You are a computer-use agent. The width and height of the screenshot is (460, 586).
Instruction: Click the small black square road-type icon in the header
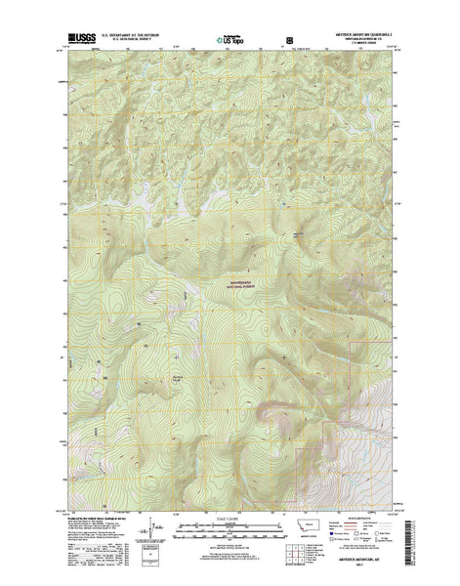[x=289, y=41]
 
